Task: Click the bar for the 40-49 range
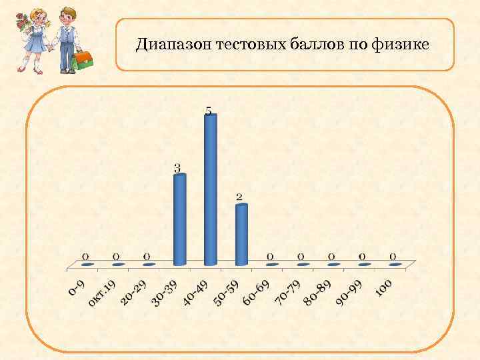pyautogui.click(x=211, y=190)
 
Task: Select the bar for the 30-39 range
pyautogui.click(x=179, y=220)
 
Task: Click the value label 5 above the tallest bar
pyautogui.click(x=209, y=111)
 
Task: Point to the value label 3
pyautogui.click(x=177, y=168)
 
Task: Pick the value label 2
pyautogui.click(x=239, y=197)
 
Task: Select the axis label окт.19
pyautogui.click(x=103, y=294)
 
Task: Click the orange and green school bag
pyautogui.click(x=83, y=60)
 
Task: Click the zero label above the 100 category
pyautogui.click(x=393, y=256)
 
